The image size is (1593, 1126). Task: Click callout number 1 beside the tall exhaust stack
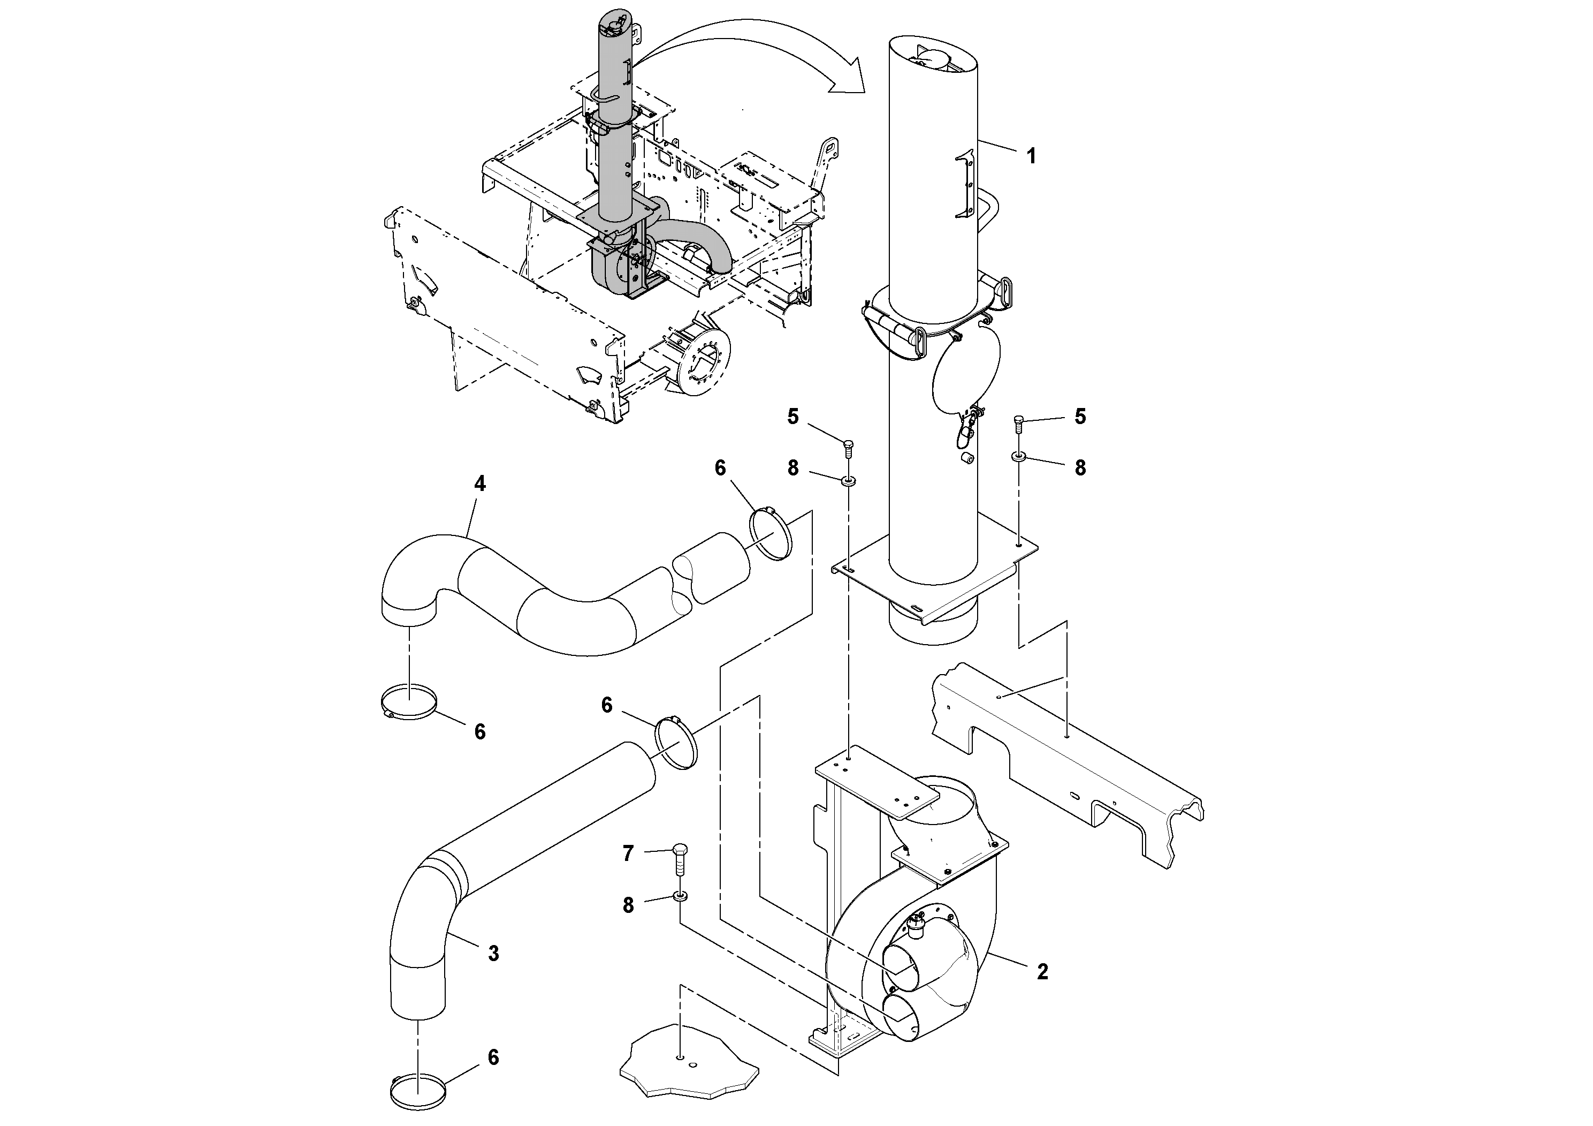(1031, 156)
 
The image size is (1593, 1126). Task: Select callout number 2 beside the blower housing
(1042, 972)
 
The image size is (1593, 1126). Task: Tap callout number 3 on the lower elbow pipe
(493, 954)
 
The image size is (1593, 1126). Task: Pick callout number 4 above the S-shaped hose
(479, 484)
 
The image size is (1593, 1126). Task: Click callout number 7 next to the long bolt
(628, 853)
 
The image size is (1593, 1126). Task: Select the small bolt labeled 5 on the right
(1018, 422)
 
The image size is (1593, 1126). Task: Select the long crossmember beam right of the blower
(1069, 764)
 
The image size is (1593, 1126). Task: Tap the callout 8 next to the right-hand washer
(1080, 468)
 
